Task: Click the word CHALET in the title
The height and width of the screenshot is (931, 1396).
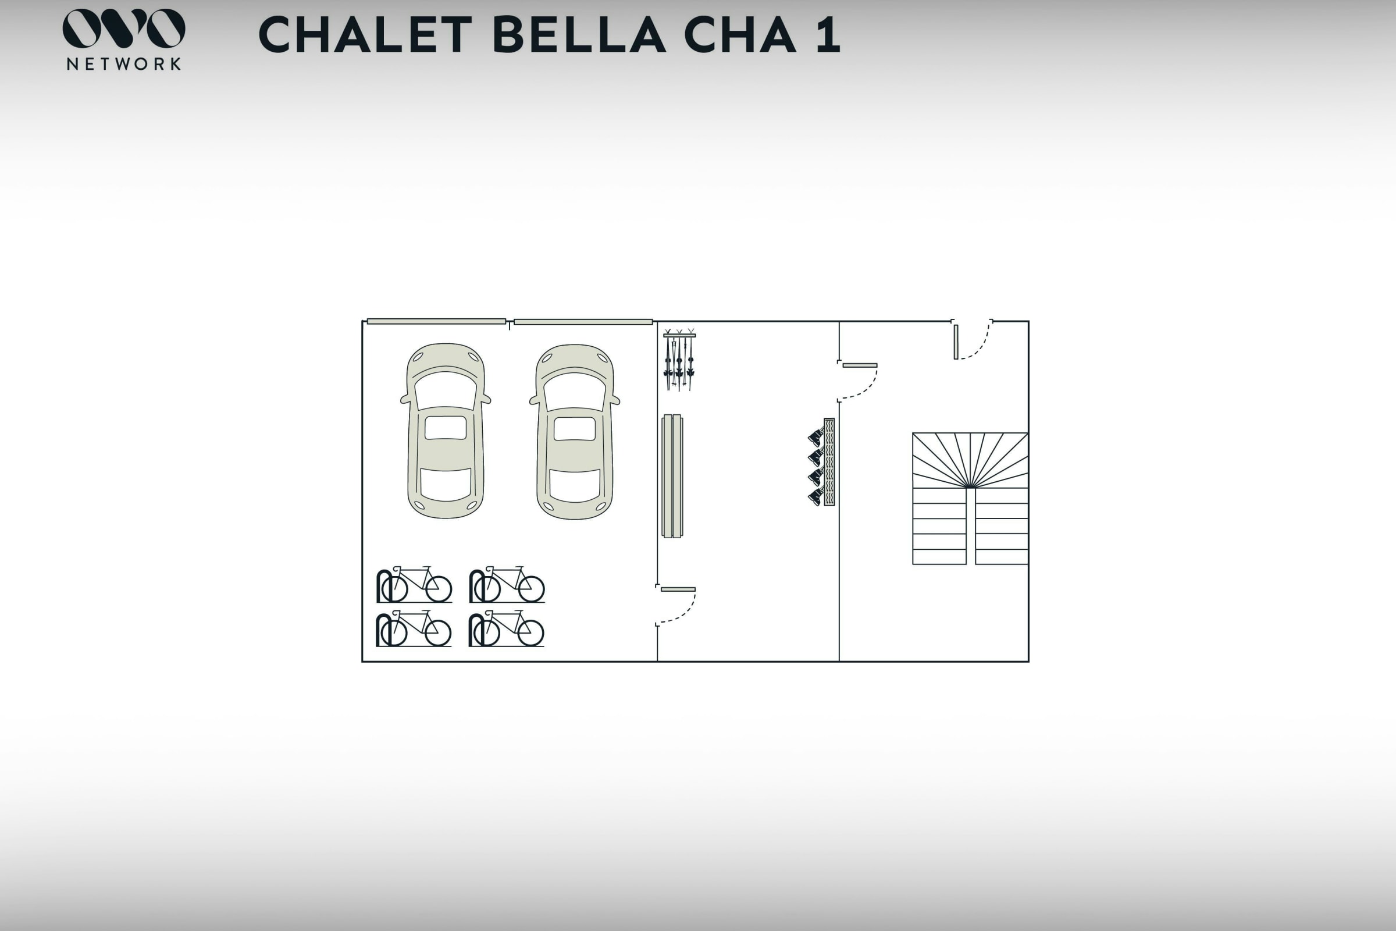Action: [x=365, y=34]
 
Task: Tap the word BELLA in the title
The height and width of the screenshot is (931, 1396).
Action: [x=579, y=34]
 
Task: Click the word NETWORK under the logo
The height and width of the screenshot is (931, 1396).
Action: [x=124, y=63]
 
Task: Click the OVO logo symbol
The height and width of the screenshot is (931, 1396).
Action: [x=124, y=28]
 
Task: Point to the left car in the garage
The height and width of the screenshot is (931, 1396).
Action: [x=445, y=431]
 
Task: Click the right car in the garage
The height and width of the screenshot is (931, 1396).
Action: [x=575, y=432]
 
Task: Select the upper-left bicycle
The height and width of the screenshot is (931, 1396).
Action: [x=414, y=584]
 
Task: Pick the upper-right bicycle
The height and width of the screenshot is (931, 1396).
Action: [x=507, y=584]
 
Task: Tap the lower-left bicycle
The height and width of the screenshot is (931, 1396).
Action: [x=414, y=628]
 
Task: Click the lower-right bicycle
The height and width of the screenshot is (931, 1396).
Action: [x=506, y=628]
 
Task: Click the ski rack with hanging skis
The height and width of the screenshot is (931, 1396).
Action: [x=679, y=359]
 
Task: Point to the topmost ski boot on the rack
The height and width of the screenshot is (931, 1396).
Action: [x=815, y=438]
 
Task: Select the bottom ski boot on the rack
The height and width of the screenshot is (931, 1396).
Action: [x=815, y=496]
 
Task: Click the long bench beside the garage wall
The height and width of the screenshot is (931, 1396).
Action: [x=672, y=476]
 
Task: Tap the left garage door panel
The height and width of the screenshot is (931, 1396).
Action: [x=436, y=322]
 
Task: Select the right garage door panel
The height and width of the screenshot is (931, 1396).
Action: [x=583, y=322]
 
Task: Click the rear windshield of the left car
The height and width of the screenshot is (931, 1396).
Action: [x=445, y=484]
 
